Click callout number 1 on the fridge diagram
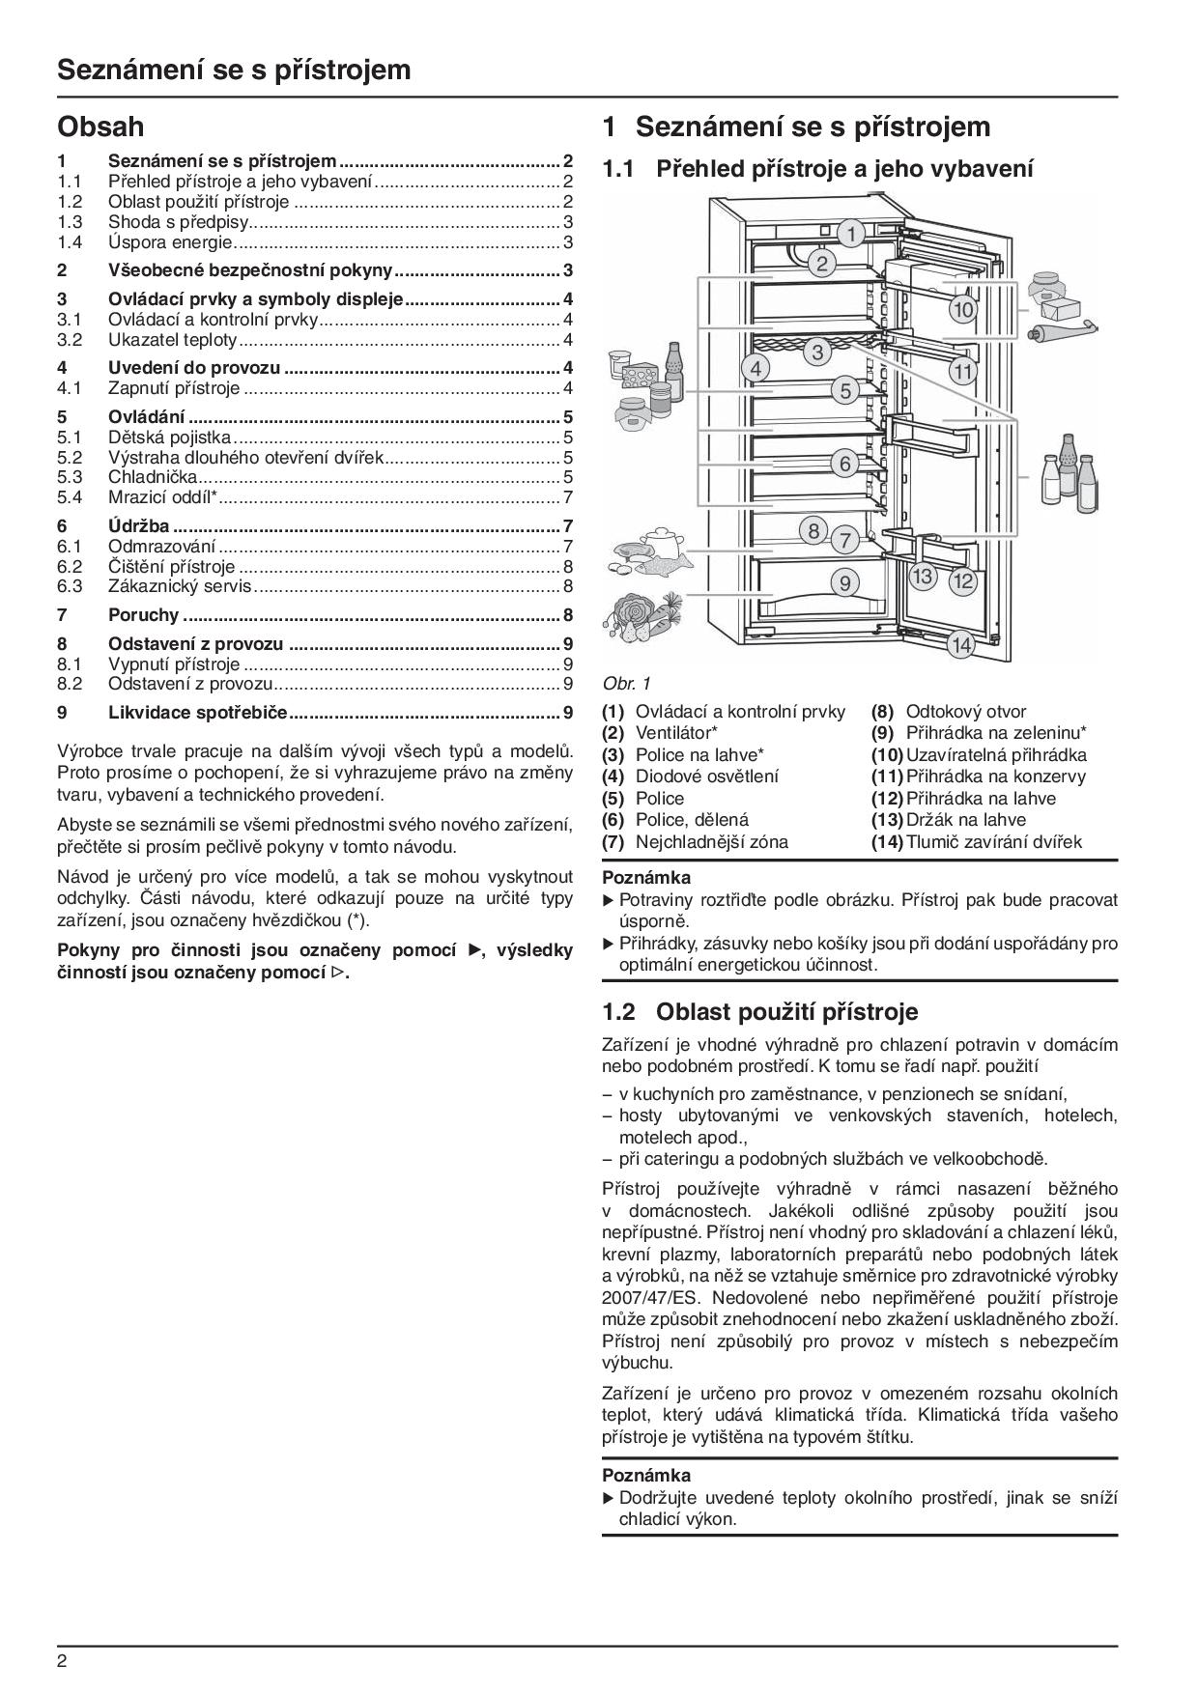tap(850, 234)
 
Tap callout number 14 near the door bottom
tap(959, 644)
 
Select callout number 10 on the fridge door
tap(962, 310)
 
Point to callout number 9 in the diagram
tap(844, 582)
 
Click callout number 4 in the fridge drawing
tap(756, 368)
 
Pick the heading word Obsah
tap(100, 127)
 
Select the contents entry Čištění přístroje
tap(171, 567)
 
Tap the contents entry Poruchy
tap(143, 614)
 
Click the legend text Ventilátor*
tap(676, 733)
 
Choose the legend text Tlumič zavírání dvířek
tap(994, 841)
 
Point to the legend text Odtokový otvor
tap(966, 712)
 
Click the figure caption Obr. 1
tap(627, 683)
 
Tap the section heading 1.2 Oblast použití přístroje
tap(759, 1011)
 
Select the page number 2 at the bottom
tap(63, 1661)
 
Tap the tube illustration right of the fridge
tap(1064, 331)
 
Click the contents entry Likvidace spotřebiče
tap(198, 713)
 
